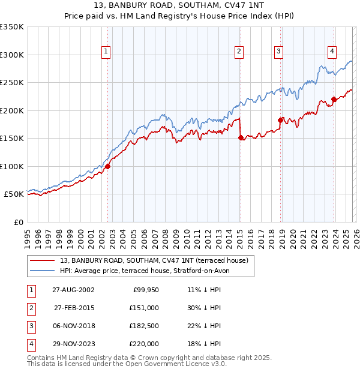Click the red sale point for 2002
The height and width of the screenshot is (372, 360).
(x=108, y=166)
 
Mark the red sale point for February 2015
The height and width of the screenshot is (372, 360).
(x=241, y=137)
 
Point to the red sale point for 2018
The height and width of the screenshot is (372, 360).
(x=280, y=120)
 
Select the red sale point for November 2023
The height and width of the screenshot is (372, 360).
(x=334, y=99)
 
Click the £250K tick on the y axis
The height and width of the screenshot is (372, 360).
(x=12, y=82)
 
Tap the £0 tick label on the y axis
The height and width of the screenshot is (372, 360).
(x=18, y=222)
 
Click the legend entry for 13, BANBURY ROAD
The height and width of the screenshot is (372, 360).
(x=158, y=260)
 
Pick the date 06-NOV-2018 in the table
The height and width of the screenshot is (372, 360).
(x=72, y=325)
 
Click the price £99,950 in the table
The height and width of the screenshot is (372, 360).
(x=145, y=289)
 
